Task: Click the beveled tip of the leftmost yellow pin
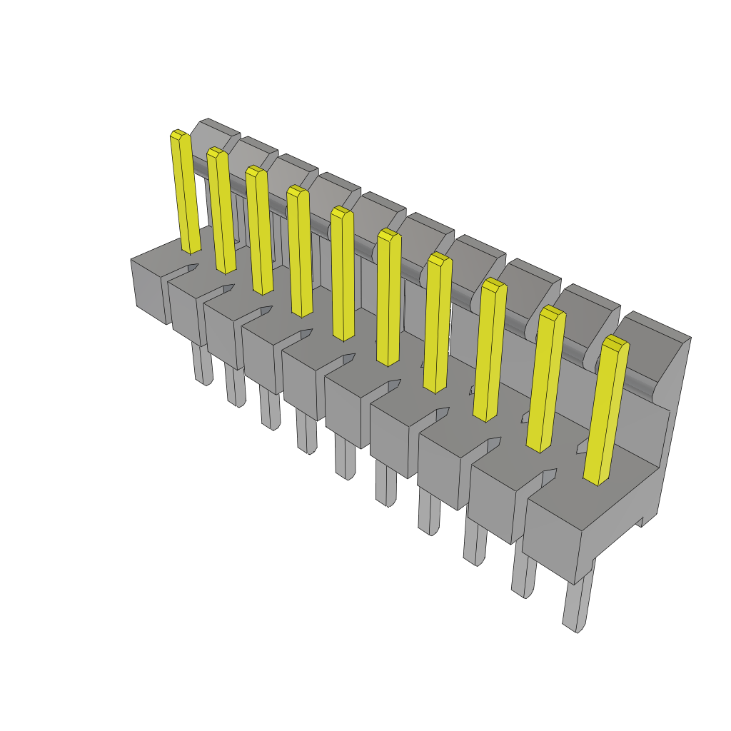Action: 179,134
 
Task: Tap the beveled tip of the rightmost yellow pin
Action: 615,342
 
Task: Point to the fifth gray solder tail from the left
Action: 345,457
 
